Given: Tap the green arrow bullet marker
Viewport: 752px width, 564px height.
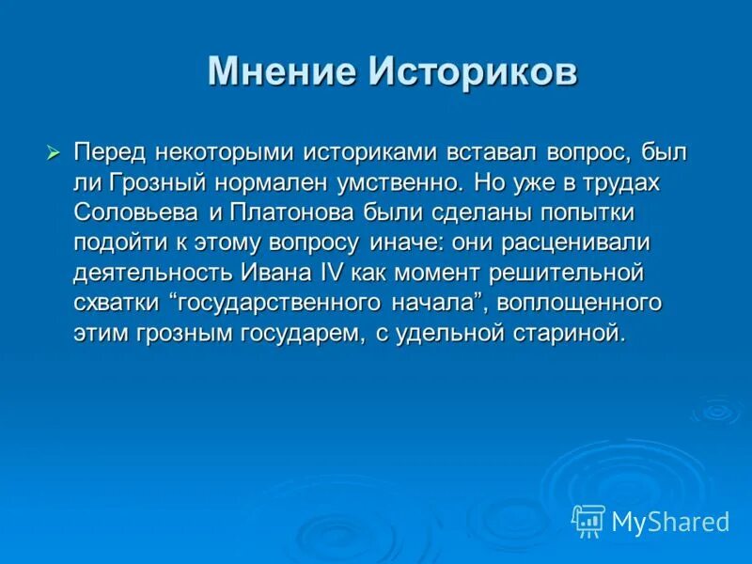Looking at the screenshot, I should (x=53, y=151).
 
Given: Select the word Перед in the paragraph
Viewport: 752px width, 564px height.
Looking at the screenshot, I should (x=108, y=152).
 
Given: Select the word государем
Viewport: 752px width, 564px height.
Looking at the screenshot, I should (x=298, y=334).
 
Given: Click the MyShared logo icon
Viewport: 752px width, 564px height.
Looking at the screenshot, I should (x=587, y=520).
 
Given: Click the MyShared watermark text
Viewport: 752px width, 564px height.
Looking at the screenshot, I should (x=669, y=521).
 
